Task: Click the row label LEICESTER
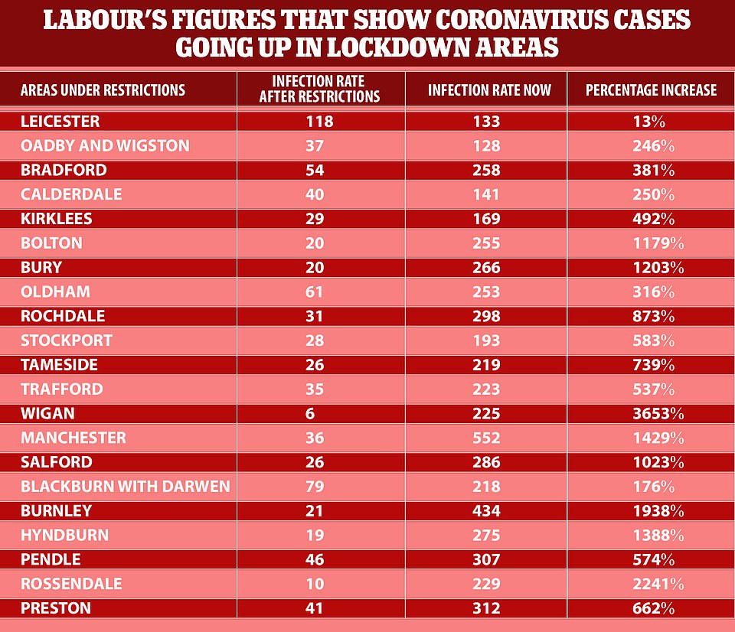click(x=60, y=121)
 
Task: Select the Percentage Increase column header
click(x=651, y=90)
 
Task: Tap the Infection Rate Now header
click(x=489, y=90)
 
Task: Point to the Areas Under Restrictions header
click(x=103, y=90)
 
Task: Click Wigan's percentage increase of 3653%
click(x=653, y=414)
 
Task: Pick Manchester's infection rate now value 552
click(x=487, y=438)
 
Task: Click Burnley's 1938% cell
click(x=653, y=511)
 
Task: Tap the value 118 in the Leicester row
click(x=319, y=121)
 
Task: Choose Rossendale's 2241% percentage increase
click(x=653, y=584)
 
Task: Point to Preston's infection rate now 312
click(x=487, y=609)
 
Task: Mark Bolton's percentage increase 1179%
click(x=653, y=243)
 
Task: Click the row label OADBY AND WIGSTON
click(x=105, y=145)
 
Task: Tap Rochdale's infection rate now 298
click(x=487, y=316)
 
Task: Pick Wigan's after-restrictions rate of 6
click(x=319, y=414)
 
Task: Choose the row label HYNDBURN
click(x=64, y=536)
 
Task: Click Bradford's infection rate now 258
click(x=487, y=170)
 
